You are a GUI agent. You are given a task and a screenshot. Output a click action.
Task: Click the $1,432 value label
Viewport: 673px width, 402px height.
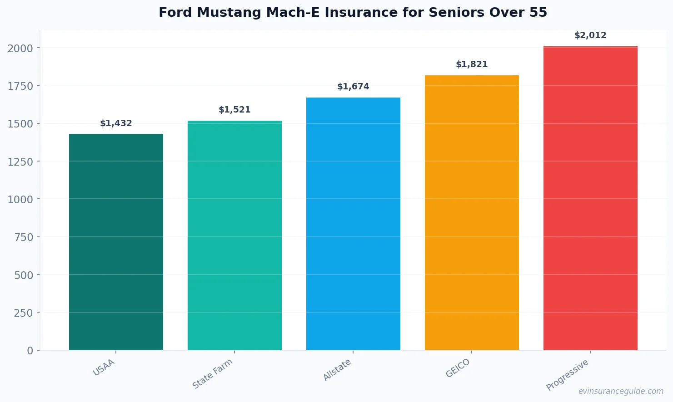pyautogui.click(x=116, y=123)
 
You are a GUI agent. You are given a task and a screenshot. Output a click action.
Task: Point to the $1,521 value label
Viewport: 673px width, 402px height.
pyautogui.click(x=234, y=110)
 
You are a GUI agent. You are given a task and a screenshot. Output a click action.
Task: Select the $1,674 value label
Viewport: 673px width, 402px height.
pyautogui.click(x=353, y=87)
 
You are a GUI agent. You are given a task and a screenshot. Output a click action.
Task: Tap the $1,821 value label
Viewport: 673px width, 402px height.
pyautogui.click(x=472, y=64)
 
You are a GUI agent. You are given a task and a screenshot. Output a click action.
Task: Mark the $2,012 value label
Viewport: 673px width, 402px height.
pyautogui.click(x=590, y=35)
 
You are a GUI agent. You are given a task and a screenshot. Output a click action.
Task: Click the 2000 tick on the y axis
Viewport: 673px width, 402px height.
pyautogui.click(x=20, y=48)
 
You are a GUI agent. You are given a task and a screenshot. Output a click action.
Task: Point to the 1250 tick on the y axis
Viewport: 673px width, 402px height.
pyautogui.click(x=20, y=162)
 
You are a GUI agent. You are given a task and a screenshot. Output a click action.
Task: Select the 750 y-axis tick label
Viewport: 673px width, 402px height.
pyautogui.click(x=23, y=237)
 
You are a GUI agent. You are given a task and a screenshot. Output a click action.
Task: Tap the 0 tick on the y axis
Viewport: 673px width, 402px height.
pyautogui.click(x=30, y=351)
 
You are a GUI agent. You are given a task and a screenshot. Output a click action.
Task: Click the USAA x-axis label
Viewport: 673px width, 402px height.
pyautogui.click(x=104, y=368)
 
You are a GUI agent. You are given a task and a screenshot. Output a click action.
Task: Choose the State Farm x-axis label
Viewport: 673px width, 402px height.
pyautogui.click(x=212, y=373)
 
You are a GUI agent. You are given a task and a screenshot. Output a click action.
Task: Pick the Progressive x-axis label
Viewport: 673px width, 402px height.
pyautogui.click(x=567, y=375)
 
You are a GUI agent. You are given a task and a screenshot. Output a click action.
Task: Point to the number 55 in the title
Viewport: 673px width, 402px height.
pyautogui.click(x=538, y=12)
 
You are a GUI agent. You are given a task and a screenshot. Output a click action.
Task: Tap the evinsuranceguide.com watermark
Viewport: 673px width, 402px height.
pyautogui.click(x=621, y=391)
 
